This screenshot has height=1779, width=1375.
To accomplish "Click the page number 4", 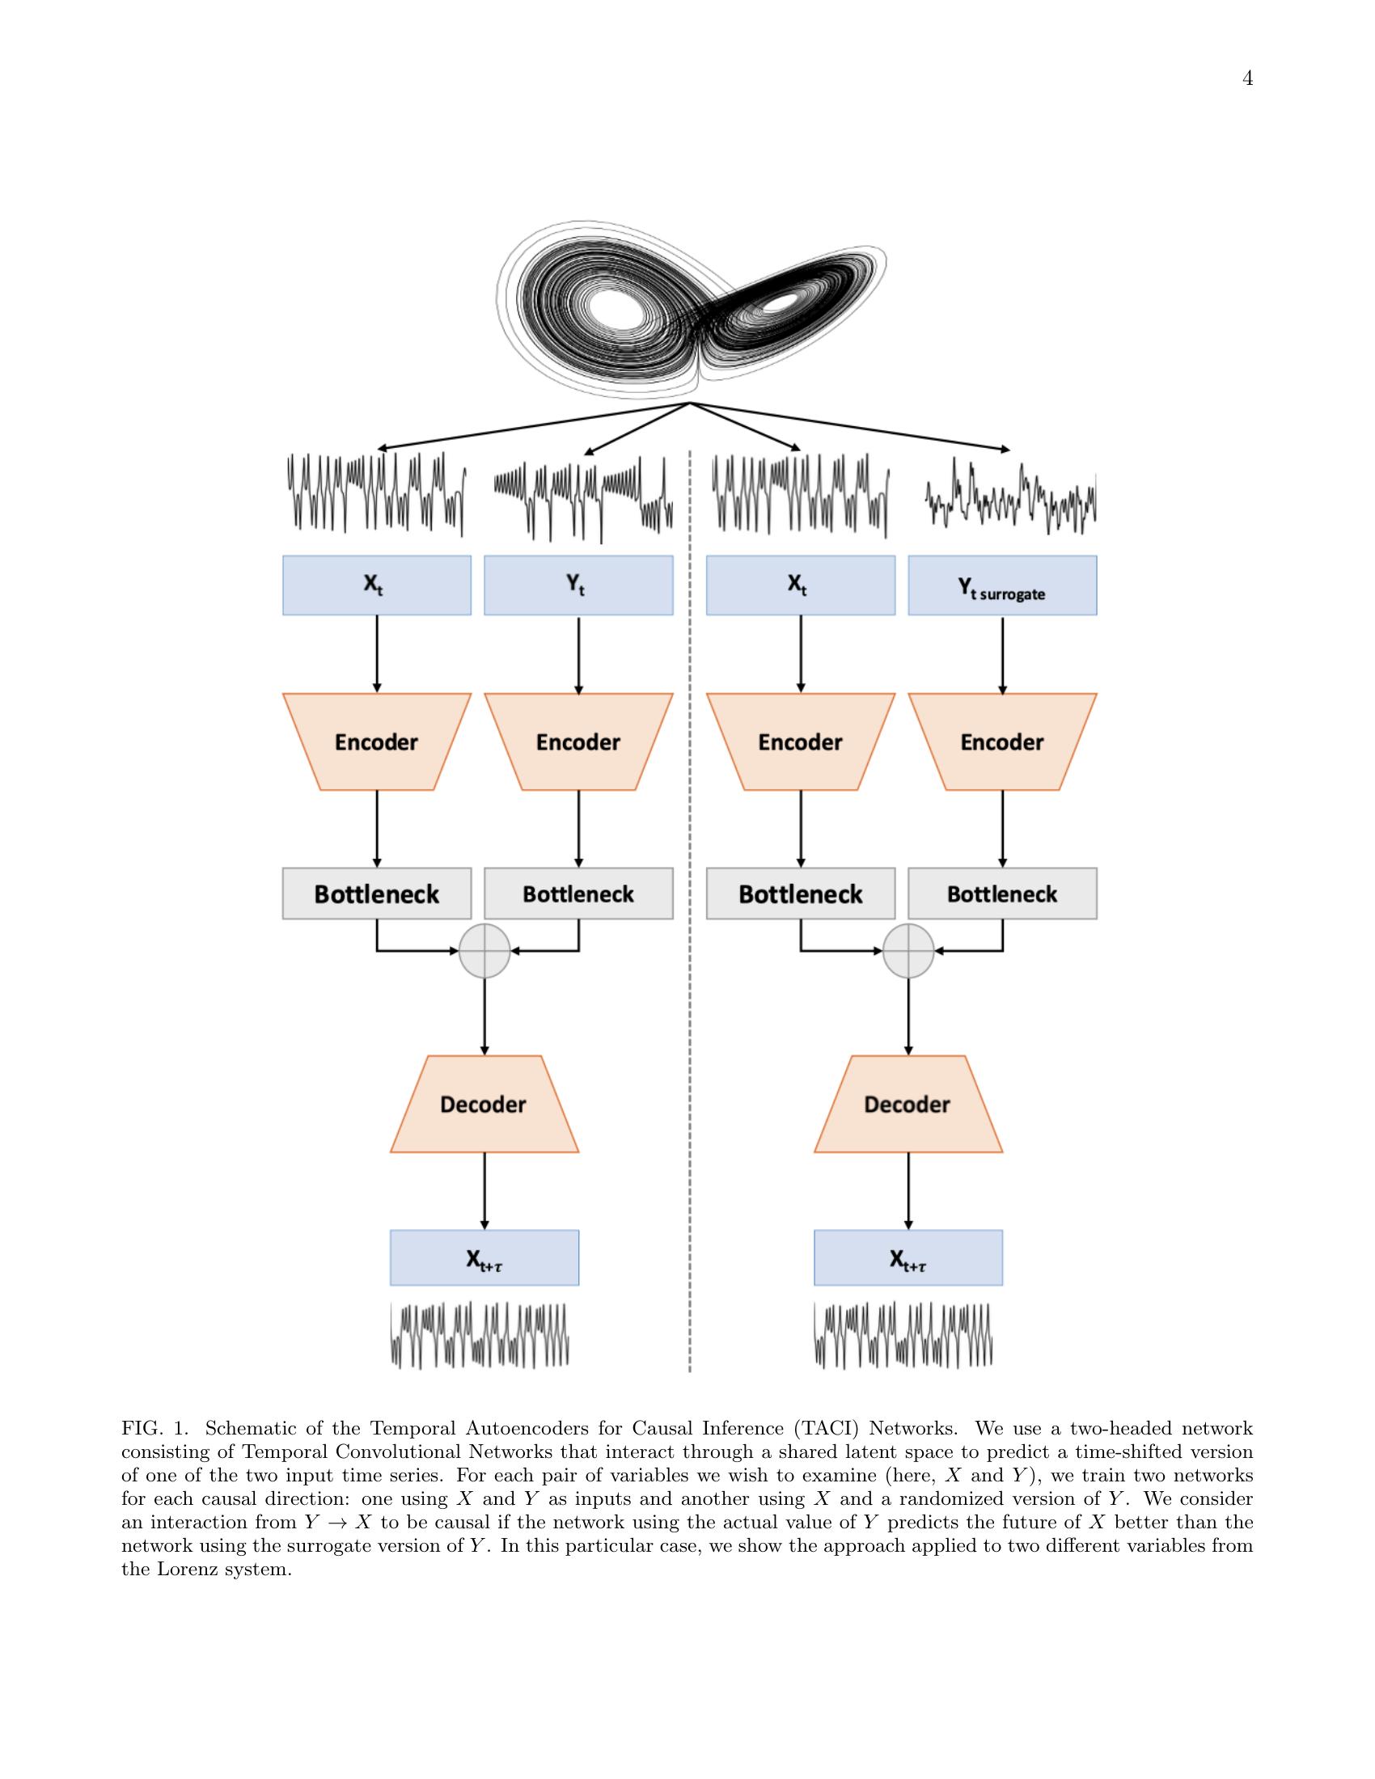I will coord(1247,78).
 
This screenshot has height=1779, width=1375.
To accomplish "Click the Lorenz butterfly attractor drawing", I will coord(691,314).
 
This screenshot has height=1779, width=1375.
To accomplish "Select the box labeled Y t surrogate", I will coord(1002,585).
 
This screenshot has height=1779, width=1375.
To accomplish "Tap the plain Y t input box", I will coord(578,585).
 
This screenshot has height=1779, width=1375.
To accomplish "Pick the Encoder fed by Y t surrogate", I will coord(1002,742).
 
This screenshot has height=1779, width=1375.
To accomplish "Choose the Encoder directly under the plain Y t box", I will coord(578,742).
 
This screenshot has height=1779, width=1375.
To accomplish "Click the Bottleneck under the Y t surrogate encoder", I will coord(1002,894).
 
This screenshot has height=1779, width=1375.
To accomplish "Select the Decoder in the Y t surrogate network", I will coord(908,1104).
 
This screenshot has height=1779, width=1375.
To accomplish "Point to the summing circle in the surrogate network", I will coord(908,950).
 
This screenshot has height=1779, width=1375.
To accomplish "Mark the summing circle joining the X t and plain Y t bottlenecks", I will coord(484,950).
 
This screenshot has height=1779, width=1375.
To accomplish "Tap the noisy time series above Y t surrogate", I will coord(1010,497).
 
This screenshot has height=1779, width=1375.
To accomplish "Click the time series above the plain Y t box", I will coord(583,497).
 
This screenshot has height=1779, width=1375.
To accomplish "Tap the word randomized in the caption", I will coord(949,1498).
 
